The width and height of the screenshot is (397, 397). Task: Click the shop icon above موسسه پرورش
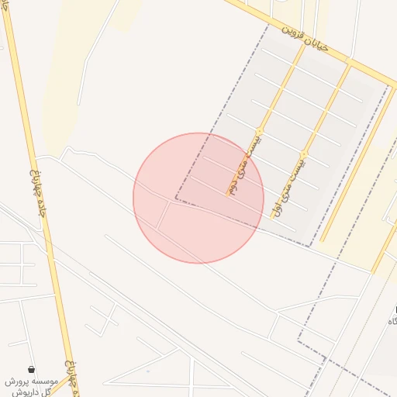30,369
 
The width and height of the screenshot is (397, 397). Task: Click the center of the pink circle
198,198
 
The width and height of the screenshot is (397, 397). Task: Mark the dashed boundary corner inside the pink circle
176,199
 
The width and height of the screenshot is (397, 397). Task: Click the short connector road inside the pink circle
164,216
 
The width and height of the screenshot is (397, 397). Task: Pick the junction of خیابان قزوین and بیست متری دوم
305,44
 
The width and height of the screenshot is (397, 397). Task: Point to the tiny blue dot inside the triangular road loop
148,371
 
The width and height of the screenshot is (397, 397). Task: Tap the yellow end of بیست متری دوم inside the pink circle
229,194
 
